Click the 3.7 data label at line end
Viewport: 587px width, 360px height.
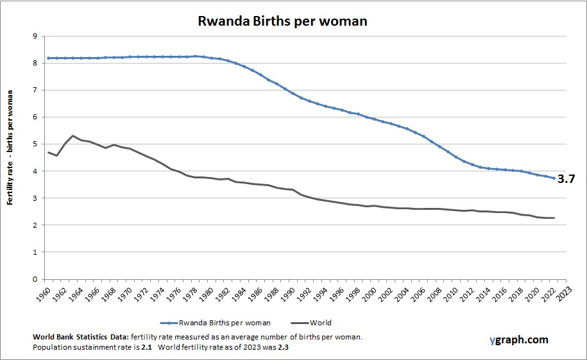pyautogui.click(x=565, y=179)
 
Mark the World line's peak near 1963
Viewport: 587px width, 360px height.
pyautogui.click(x=73, y=136)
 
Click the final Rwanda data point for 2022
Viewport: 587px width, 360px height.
pyautogui.click(x=553, y=178)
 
